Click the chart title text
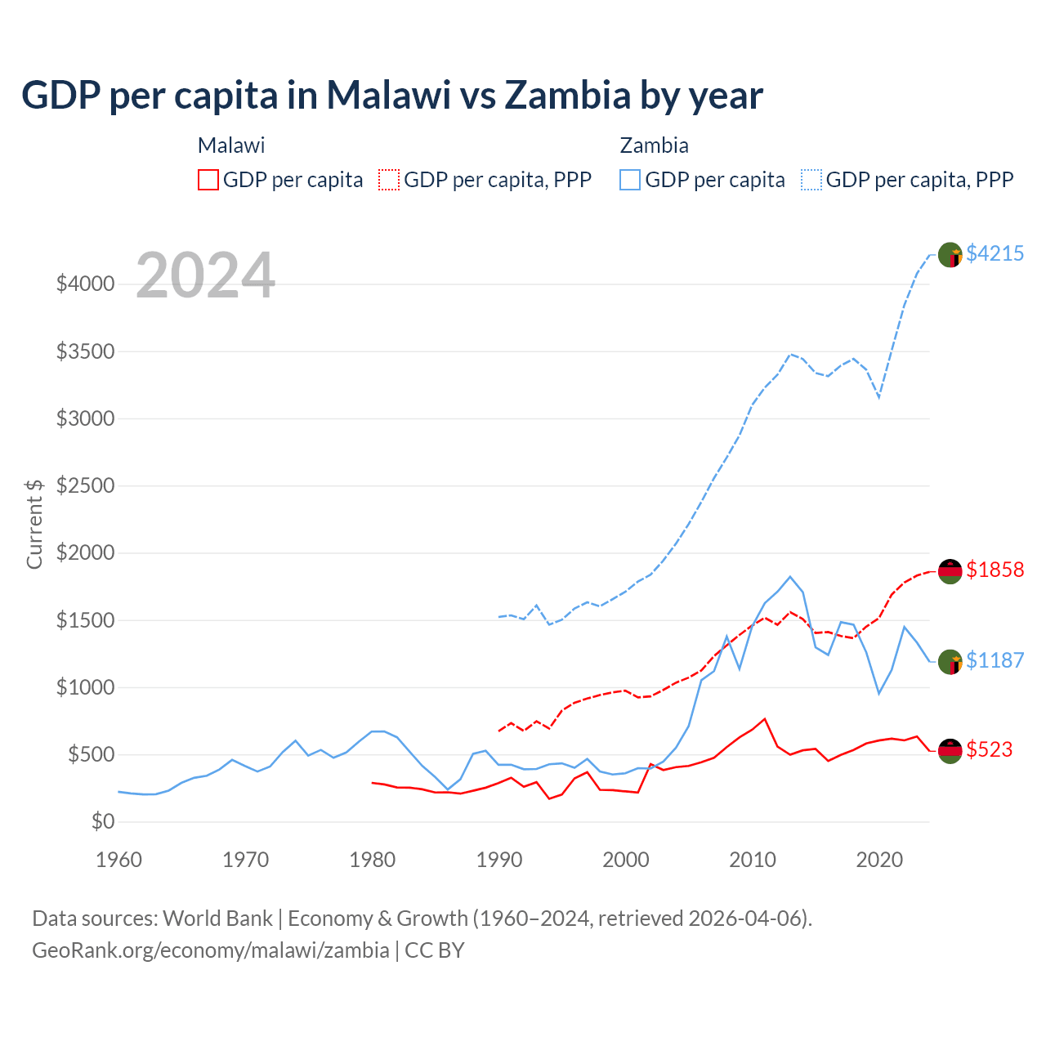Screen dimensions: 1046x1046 click(x=392, y=96)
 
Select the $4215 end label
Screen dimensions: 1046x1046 click(x=995, y=253)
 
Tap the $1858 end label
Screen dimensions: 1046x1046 click(x=995, y=570)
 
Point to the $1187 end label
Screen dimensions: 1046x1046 click(x=995, y=660)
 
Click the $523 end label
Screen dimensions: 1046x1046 click(x=989, y=749)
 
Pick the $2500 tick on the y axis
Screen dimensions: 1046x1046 click(x=85, y=485)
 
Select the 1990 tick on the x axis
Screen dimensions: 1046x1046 click(x=499, y=860)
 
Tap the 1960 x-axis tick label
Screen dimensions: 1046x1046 click(x=119, y=860)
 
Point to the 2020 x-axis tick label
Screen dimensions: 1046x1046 click(x=879, y=860)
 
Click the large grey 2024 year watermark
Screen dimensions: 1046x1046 click(x=205, y=275)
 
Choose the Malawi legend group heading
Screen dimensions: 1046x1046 click(x=231, y=145)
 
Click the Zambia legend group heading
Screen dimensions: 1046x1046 click(x=654, y=145)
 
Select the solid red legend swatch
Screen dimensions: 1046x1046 click(x=208, y=180)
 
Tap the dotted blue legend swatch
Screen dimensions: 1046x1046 click(x=811, y=180)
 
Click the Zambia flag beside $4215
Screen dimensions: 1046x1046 click(x=950, y=254)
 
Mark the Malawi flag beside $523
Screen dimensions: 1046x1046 click(x=950, y=750)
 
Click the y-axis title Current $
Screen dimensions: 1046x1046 click(x=34, y=523)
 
